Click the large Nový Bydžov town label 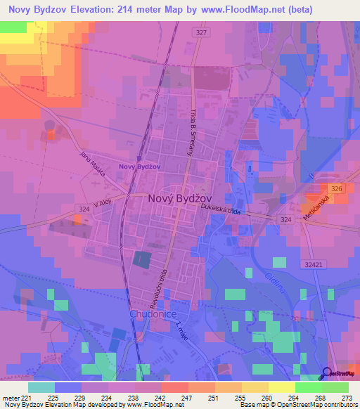[x=182, y=199]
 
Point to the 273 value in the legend [x=345, y=398]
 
